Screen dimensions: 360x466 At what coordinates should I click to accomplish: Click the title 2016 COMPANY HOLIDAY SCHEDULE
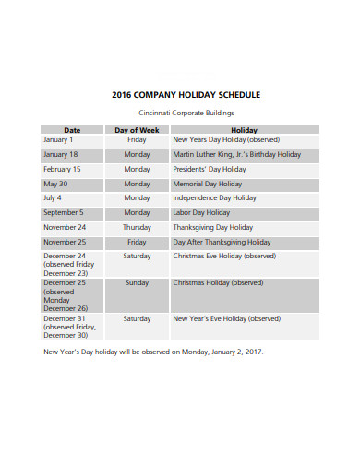point(186,94)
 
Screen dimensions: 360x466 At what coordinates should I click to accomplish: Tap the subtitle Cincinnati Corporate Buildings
point(186,113)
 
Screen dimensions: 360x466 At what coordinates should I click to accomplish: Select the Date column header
point(72,130)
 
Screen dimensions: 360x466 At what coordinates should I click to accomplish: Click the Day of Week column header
point(137,130)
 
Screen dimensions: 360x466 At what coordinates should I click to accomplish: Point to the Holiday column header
point(244,130)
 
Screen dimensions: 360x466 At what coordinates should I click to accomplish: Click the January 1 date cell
point(58,140)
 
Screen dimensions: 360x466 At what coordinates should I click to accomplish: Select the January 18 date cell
point(61,155)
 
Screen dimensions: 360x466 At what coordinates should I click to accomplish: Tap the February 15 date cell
point(62,170)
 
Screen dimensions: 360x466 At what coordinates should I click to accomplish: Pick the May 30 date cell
point(55,184)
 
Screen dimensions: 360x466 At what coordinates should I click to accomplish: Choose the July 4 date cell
point(53,197)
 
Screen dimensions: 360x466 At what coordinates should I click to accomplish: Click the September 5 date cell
point(63,212)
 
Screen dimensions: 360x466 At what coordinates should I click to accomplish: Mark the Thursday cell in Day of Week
point(137,227)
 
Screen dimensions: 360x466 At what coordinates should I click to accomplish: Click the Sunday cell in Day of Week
point(137,282)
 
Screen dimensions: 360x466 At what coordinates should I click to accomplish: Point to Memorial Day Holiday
point(210,184)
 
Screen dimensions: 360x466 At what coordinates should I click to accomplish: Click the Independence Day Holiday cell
point(215,197)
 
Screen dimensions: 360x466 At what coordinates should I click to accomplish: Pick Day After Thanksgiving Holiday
point(224,242)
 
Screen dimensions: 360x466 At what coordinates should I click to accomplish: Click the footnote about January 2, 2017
point(153,352)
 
